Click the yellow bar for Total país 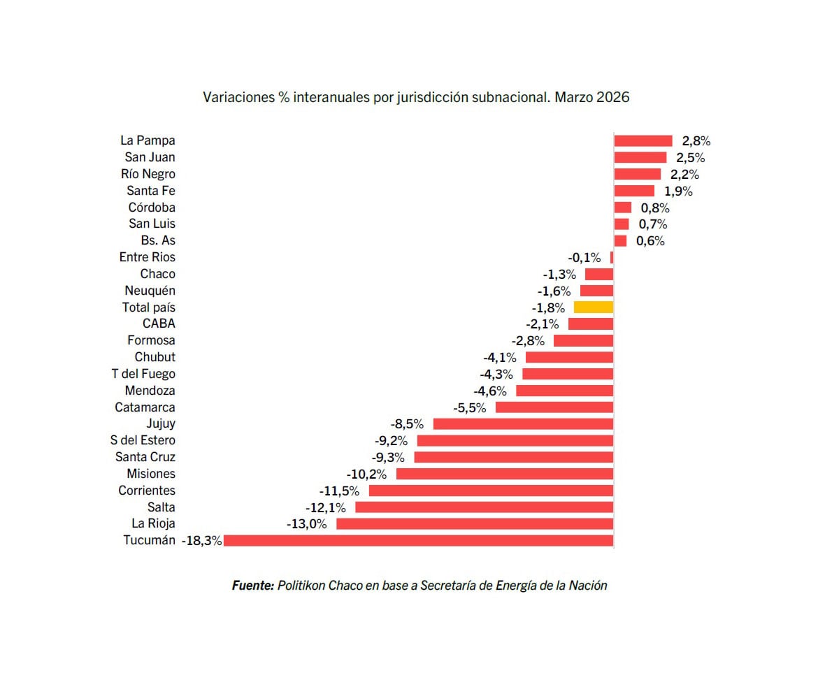click(594, 307)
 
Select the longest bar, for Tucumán click(418, 540)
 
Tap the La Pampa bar click(643, 140)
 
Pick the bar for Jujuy click(523, 423)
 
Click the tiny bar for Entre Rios click(612, 257)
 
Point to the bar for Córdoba click(623, 208)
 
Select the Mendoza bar click(564, 391)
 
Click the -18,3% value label click(202, 541)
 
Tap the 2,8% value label click(696, 141)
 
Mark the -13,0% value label click(306, 524)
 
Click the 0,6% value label click(650, 241)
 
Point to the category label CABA click(159, 324)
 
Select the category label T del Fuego click(143, 374)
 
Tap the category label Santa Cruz click(145, 457)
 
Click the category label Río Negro click(148, 174)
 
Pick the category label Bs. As click(158, 240)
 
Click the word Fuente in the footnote click(252, 586)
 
